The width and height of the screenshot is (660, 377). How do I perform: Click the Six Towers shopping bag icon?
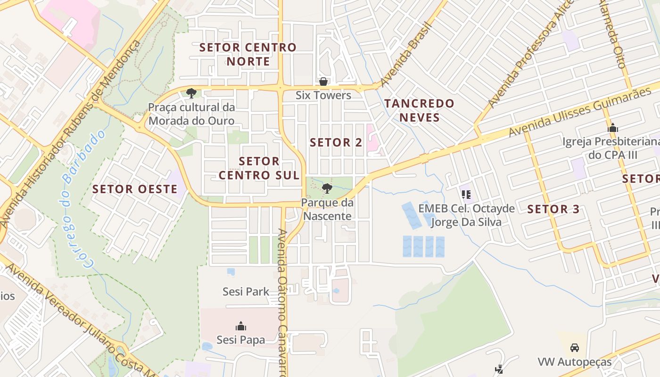click(x=323, y=81)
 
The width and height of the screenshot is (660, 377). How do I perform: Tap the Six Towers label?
click(x=323, y=95)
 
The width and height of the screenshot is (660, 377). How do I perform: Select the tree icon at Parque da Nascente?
click(x=327, y=189)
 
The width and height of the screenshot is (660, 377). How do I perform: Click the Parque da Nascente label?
click(x=327, y=210)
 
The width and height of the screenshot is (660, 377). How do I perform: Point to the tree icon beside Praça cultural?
click(x=191, y=93)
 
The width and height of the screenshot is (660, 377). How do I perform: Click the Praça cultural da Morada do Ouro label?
click(x=191, y=114)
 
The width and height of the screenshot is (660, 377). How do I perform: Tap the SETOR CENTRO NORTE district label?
click(x=248, y=54)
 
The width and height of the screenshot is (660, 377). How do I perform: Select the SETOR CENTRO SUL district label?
click(x=259, y=168)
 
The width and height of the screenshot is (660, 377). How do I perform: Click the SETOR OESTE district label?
click(x=135, y=189)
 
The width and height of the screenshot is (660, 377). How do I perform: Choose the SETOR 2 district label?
click(x=336, y=142)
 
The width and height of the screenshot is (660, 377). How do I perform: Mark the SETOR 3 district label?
click(x=553, y=209)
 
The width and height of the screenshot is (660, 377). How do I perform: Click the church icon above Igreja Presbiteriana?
click(x=613, y=128)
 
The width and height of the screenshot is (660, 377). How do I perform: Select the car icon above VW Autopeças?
click(x=574, y=348)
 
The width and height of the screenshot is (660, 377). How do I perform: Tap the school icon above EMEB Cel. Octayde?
click(x=466, y=194)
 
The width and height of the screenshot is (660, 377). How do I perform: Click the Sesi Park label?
click(x=246, y=292)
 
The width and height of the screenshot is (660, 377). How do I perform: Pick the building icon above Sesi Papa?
click(x=241, y=326)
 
